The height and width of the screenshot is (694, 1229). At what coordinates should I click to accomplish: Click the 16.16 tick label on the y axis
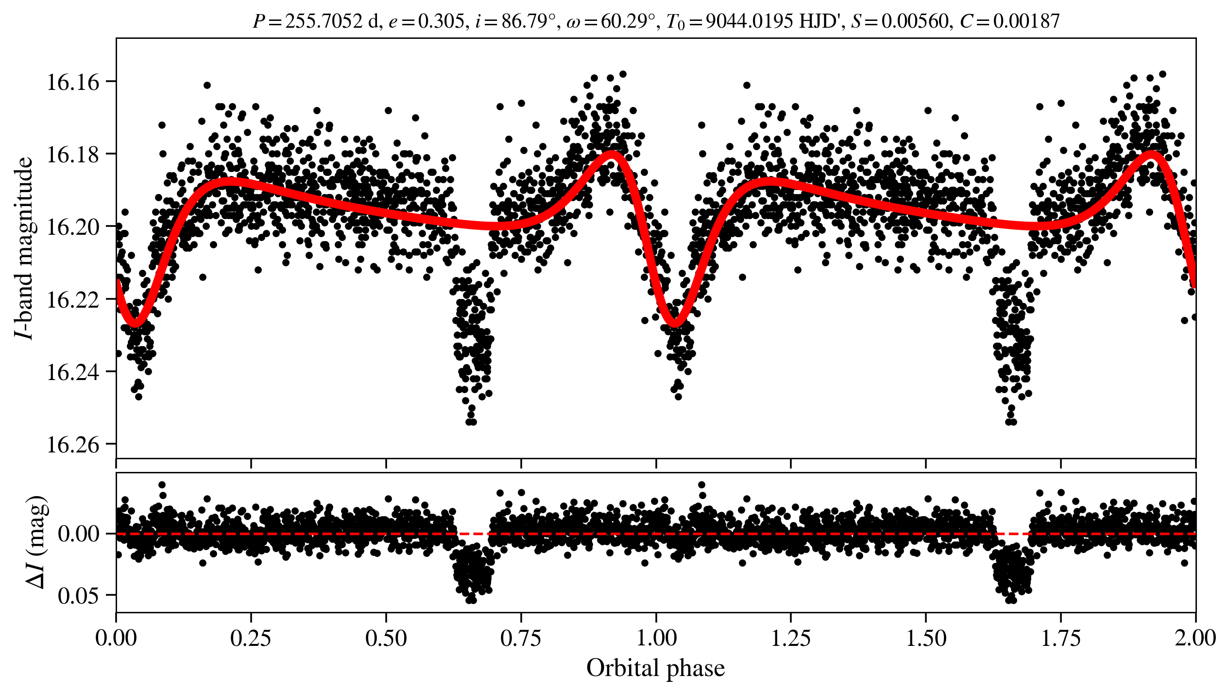[x=72, y=82]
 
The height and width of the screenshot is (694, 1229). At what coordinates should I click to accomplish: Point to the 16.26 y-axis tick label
[x=72, y=445]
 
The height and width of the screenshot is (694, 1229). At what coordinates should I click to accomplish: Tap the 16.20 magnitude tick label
[x=72, y=227]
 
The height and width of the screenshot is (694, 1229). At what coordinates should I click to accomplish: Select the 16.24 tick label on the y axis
[x=72, y=372]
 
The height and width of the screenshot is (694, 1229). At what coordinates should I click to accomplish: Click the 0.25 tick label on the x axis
[x=251, y=638]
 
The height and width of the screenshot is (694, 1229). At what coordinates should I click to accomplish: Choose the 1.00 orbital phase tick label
[x=656, y=638]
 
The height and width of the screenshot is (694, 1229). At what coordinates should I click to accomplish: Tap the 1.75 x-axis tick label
[x=1060, y=638]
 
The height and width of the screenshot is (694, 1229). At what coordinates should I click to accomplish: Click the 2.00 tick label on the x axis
[x=1195, y=638]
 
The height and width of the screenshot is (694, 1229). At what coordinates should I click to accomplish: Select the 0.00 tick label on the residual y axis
[x=78, y=534]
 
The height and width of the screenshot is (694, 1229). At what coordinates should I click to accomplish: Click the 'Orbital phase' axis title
[x=655, y=668]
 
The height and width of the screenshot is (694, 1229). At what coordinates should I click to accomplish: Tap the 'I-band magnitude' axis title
[x=24, y=248]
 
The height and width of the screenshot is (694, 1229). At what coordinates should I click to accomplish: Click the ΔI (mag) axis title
[x=36, y=542]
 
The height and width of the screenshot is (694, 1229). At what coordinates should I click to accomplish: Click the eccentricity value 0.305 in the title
[x=441, y=21]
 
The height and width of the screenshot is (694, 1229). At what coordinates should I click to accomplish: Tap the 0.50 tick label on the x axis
[x=386, y=638]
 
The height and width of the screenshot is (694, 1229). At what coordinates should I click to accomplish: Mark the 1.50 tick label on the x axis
[x=926, y=638]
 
